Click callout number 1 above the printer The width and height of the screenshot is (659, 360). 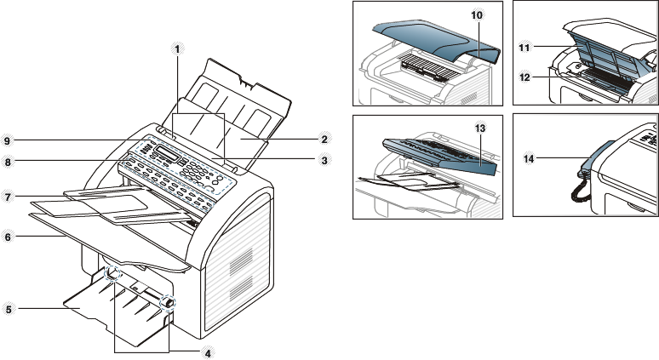coord(177,49)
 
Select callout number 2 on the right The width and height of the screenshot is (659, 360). coord(324,138)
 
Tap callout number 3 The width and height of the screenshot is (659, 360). coord(324,159)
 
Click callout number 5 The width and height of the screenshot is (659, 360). coord(9,309)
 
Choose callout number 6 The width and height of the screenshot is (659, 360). coord(9,237)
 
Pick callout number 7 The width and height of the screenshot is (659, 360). coord(9,197)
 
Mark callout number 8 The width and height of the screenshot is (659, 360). coord(9,159)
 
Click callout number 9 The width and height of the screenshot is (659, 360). coord(9,140)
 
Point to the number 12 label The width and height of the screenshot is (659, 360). coord(525,77)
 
